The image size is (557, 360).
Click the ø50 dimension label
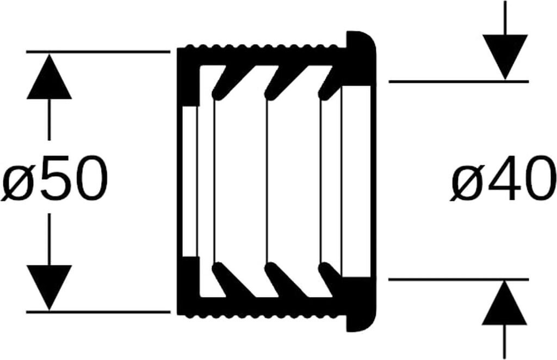(55, 177)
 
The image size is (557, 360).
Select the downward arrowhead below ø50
(49, 287)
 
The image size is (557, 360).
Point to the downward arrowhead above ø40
(505, 54)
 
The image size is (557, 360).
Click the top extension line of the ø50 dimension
(98, 52)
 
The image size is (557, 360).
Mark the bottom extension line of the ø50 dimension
(98, 312)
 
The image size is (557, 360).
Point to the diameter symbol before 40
(467, 181)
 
